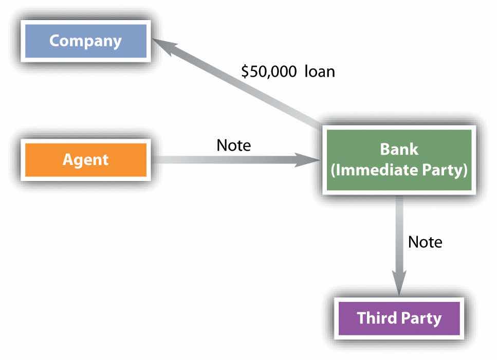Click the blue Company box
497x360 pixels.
point(85,41)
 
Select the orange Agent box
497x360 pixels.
point(85,159)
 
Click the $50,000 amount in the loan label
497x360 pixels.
point(269,71)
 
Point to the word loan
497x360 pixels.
point(319,71)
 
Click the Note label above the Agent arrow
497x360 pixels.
point(233,146)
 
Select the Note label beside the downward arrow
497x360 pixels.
point(425,242)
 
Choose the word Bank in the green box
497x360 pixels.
point(399,150)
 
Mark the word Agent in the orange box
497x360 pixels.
point(85,159)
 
